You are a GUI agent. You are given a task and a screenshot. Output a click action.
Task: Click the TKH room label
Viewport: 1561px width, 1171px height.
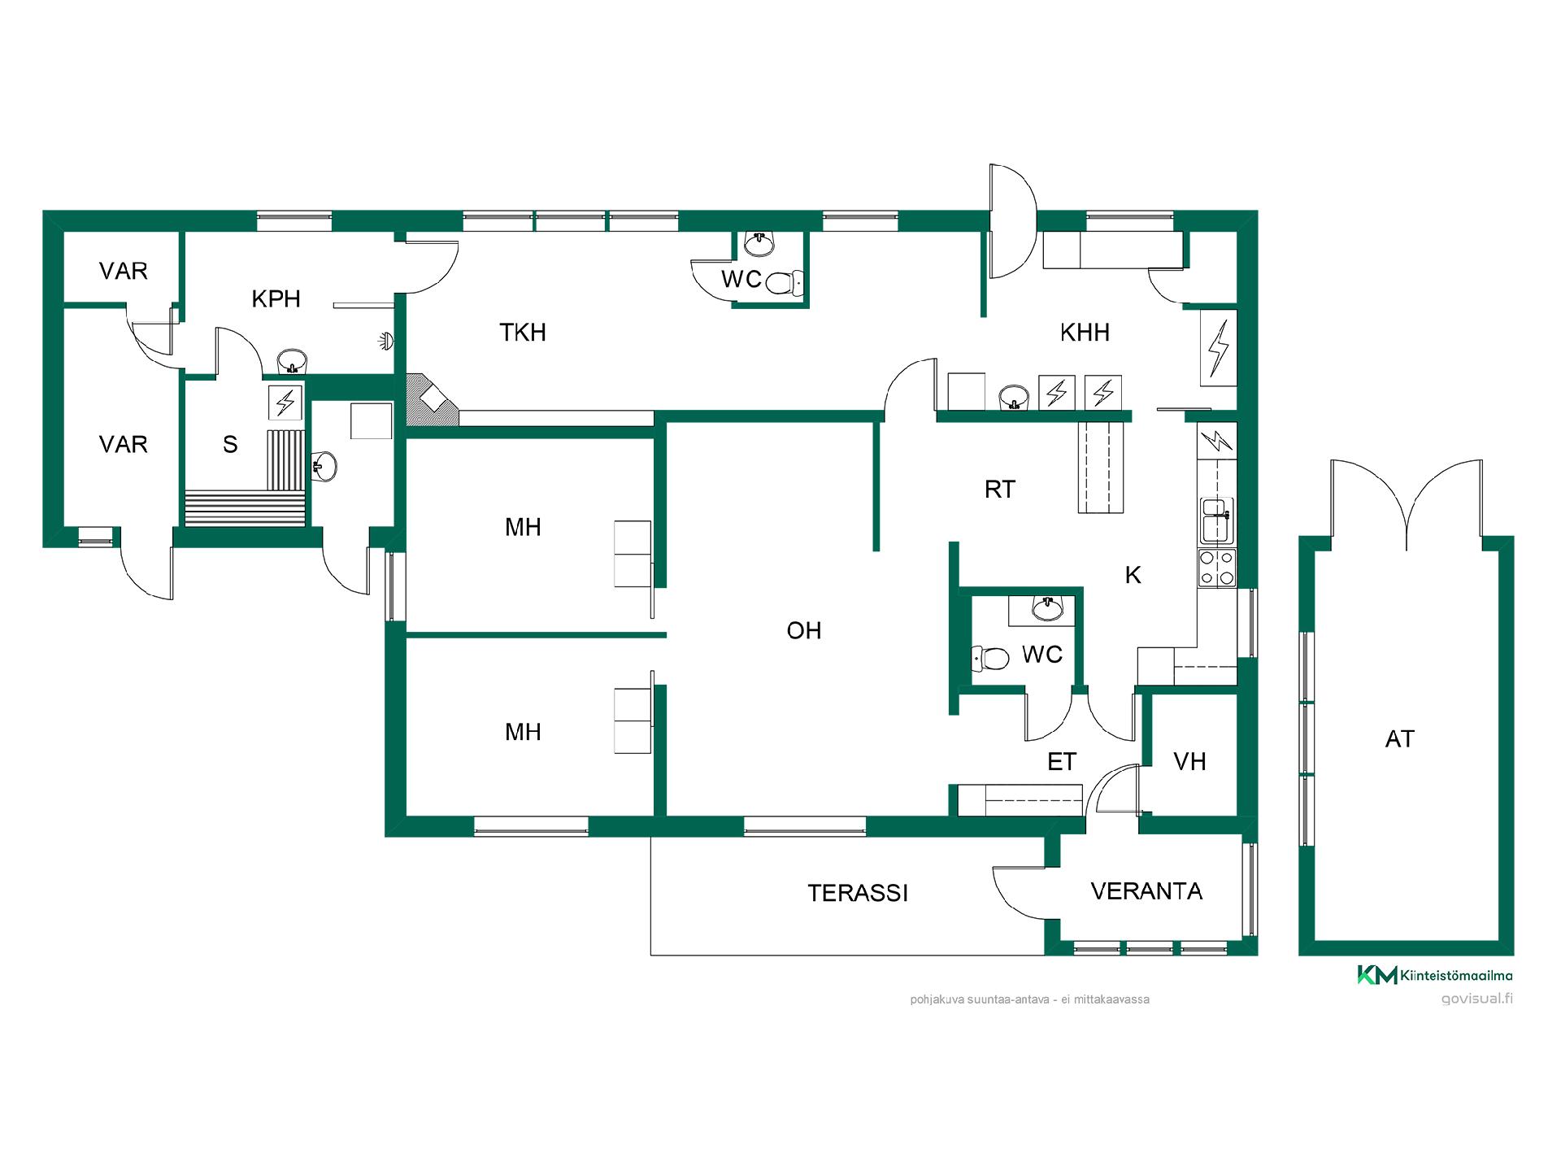click(x=523, y=332)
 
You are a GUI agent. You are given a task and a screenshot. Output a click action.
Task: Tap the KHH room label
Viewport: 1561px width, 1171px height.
click(x=1085, y=332)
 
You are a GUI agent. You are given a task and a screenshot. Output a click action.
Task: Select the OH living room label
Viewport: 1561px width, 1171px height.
click(x=804, y=630)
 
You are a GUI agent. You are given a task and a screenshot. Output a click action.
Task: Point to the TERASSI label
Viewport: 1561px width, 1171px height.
click(x=858, y=893)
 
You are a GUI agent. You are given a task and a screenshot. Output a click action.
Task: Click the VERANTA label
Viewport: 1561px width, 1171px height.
click(x=1146, y=891)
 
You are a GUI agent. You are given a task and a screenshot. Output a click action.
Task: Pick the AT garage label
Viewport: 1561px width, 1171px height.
click(x=1400, y=738)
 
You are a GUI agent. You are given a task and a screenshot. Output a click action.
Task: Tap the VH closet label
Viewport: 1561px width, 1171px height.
click(x=1189, y=761)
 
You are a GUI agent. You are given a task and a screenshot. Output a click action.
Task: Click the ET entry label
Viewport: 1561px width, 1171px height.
click(x=1062, y=761)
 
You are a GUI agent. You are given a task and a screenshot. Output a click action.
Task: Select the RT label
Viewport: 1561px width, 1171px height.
click(x=1000, y=489)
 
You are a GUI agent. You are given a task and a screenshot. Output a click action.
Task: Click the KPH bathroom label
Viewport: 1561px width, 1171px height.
click(x=276, y=298)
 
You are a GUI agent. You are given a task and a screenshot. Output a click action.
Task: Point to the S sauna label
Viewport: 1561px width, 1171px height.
click(x=230, y=444)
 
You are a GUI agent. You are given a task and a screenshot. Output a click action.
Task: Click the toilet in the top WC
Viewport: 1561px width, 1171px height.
click(x=784, y=283)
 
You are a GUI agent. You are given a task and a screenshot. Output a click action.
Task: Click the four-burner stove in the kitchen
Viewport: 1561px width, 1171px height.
click(x=1217, y=568)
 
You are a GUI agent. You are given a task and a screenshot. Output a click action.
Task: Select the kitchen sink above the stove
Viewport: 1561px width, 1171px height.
click(x=1217, y=520)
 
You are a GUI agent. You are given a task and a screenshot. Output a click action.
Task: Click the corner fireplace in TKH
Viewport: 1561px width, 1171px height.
click(x=432, y=399)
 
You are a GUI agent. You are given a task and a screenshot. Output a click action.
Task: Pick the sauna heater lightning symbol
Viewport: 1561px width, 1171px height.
click(x=285, y=402)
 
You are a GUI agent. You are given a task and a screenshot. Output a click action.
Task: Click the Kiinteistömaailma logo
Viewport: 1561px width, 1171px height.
click(x=1435, y=975)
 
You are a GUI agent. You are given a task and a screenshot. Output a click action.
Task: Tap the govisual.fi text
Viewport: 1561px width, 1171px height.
click(x=1476, y=999)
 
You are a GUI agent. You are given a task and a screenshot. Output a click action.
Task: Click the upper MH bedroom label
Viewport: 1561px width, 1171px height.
click(x=523, y=527)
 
